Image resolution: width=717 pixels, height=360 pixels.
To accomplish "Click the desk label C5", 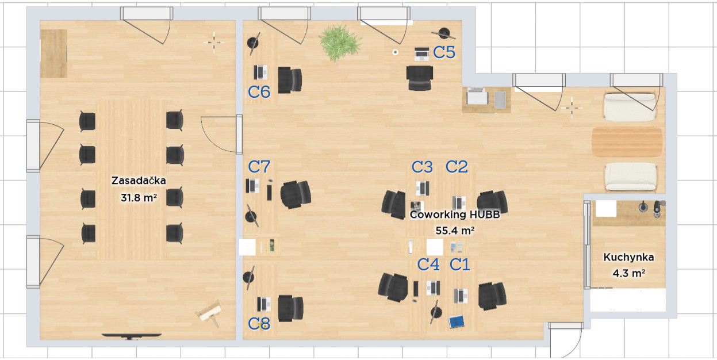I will pos(444,52).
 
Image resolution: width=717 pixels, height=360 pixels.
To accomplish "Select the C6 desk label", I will pos(259,92).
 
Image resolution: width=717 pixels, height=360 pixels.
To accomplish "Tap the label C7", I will pos(259,167).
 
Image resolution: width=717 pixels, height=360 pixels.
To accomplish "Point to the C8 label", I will pos(259,324).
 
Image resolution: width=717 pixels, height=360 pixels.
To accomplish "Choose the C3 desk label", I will pos(422,167).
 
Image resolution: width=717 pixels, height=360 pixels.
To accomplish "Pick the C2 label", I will pos(457,167).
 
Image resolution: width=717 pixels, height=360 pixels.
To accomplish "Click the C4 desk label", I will pos(428,265).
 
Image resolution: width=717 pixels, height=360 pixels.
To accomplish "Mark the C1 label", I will pos(460,265).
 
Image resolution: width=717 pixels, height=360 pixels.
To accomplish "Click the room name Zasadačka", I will pos(139,181).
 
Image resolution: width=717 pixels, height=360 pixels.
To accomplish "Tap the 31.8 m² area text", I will pos(139,198).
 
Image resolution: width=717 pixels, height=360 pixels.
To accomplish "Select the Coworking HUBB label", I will pos(455,215).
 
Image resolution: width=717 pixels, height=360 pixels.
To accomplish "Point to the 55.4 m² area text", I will pos(455,231).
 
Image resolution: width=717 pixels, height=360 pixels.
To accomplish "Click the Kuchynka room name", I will pos(628,258).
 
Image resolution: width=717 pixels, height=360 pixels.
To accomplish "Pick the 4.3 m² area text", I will pos(628,273).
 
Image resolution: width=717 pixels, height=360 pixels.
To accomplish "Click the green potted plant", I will pos(340,43).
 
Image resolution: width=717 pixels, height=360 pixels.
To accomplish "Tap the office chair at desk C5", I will pos(420,78).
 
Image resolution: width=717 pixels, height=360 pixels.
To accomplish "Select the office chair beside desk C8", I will pos(290,308).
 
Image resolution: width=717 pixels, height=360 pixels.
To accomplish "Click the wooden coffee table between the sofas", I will pos(627,141).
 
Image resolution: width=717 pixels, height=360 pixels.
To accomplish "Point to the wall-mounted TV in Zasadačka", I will pos(131,335).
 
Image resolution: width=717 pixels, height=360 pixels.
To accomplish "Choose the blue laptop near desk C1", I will pos(457,322).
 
